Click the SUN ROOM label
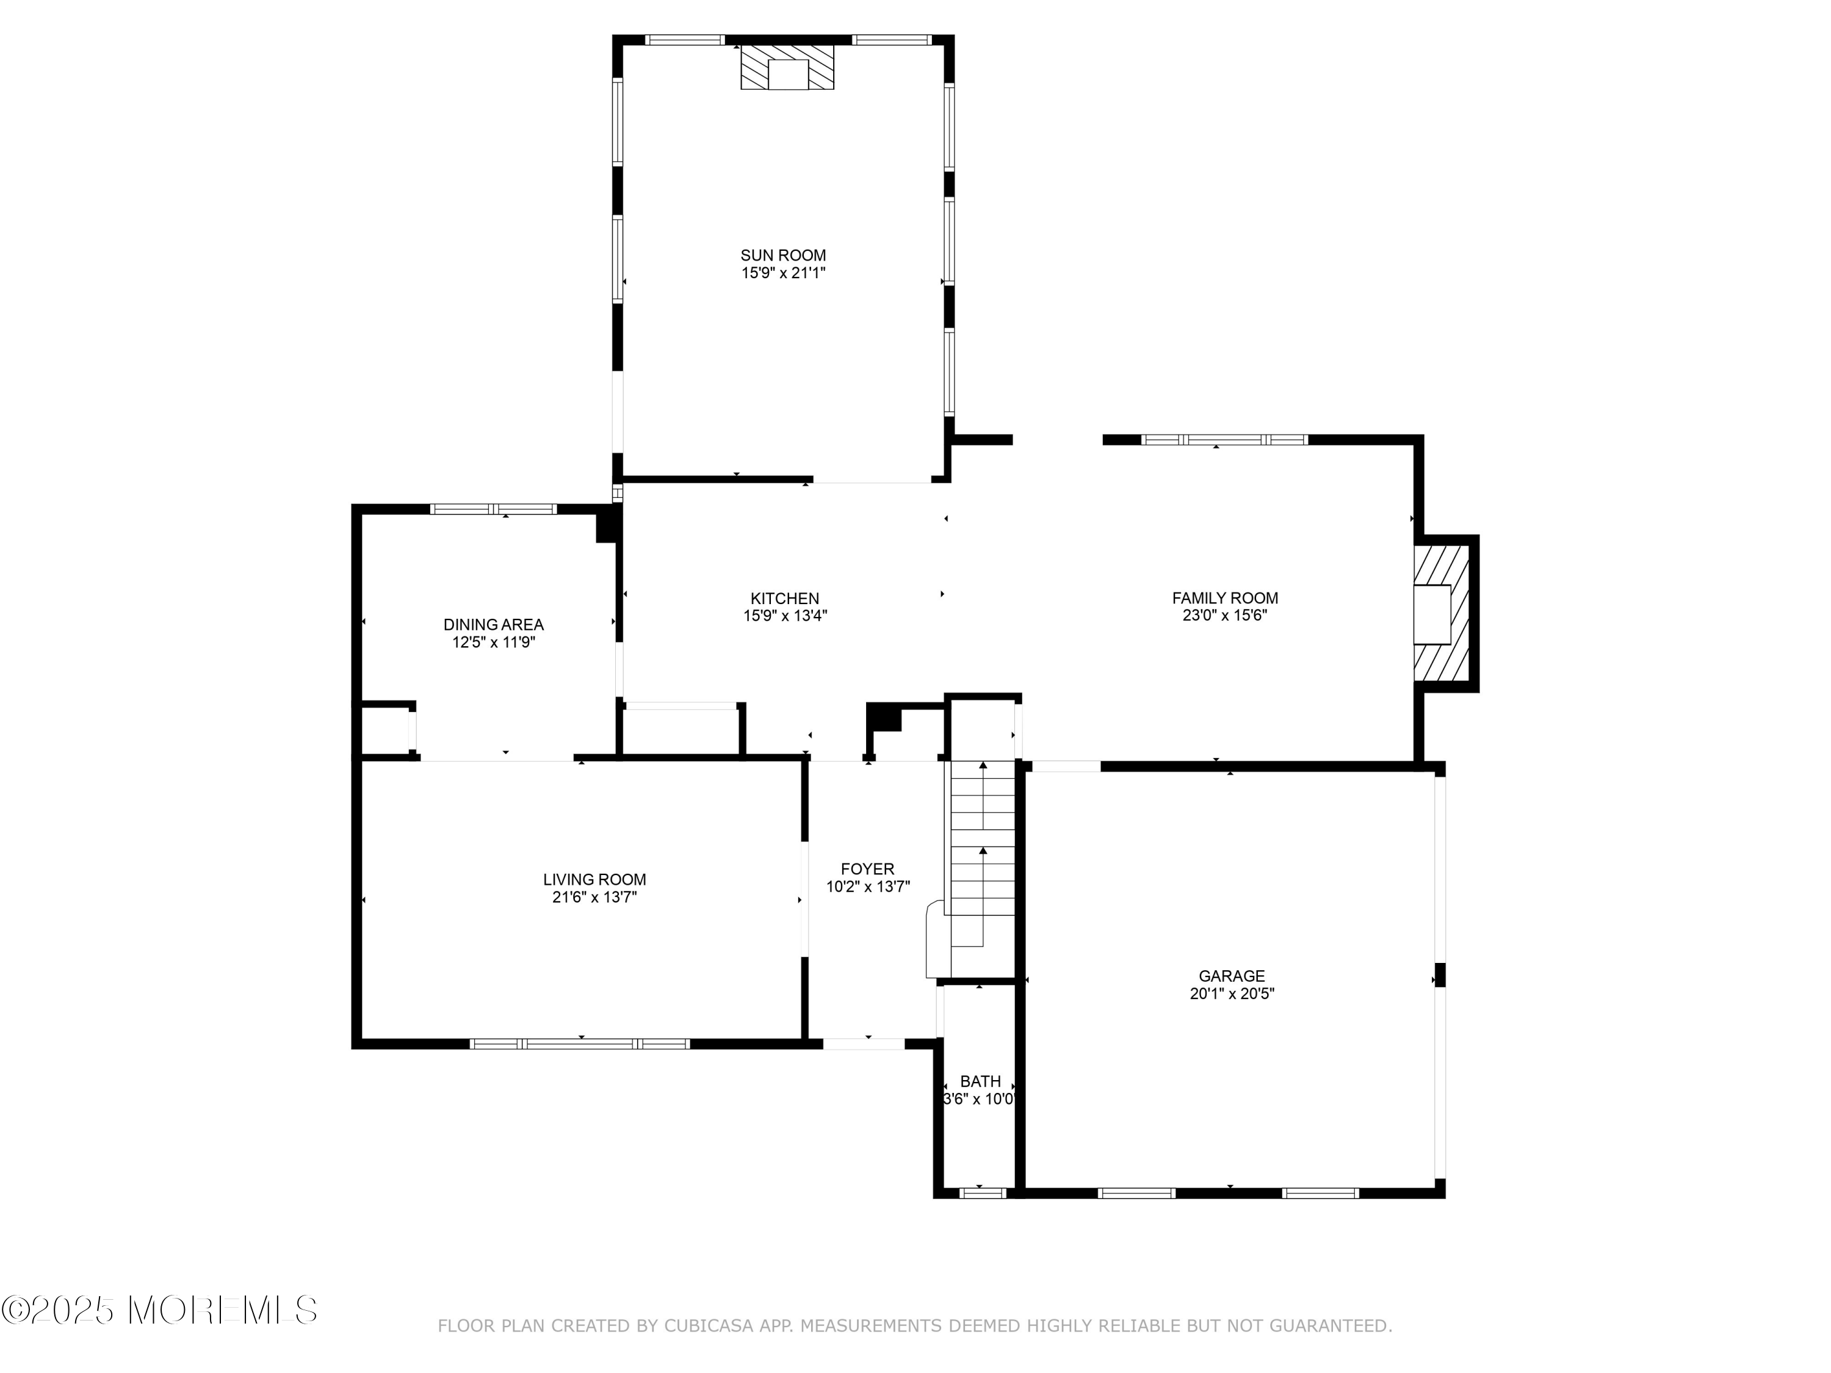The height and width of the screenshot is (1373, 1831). pyautogui.click(x=783, y=256)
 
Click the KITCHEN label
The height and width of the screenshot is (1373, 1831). pyautogui.click(x=785, y=599)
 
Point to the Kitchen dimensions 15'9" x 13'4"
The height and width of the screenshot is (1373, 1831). pyautogui.click(x=785, y=616)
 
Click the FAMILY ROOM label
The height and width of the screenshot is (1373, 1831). pyautogui.click(x=1225, y=599)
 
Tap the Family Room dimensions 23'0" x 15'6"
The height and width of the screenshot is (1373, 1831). pyautogui.click(x=1225, y=616)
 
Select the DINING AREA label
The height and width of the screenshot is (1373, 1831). pyautogui.click(x=493, y=625)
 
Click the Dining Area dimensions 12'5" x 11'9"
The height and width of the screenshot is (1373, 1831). pyautogui.click(x=493, y=642)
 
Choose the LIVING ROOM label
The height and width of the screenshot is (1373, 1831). pyautogui.click(x=594, y=880)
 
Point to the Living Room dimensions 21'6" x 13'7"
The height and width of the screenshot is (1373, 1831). pyautogui.click(x=594, y=897)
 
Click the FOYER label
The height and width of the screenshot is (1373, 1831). pyautogui.click(x=867, y=869)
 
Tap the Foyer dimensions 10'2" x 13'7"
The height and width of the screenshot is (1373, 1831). pyautogui.click(x=867, y=887)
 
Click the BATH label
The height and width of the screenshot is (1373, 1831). pyautogui.click(x=980, y=1082)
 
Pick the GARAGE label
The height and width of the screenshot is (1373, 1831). pyautogui.click(x=1232, y=976)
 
